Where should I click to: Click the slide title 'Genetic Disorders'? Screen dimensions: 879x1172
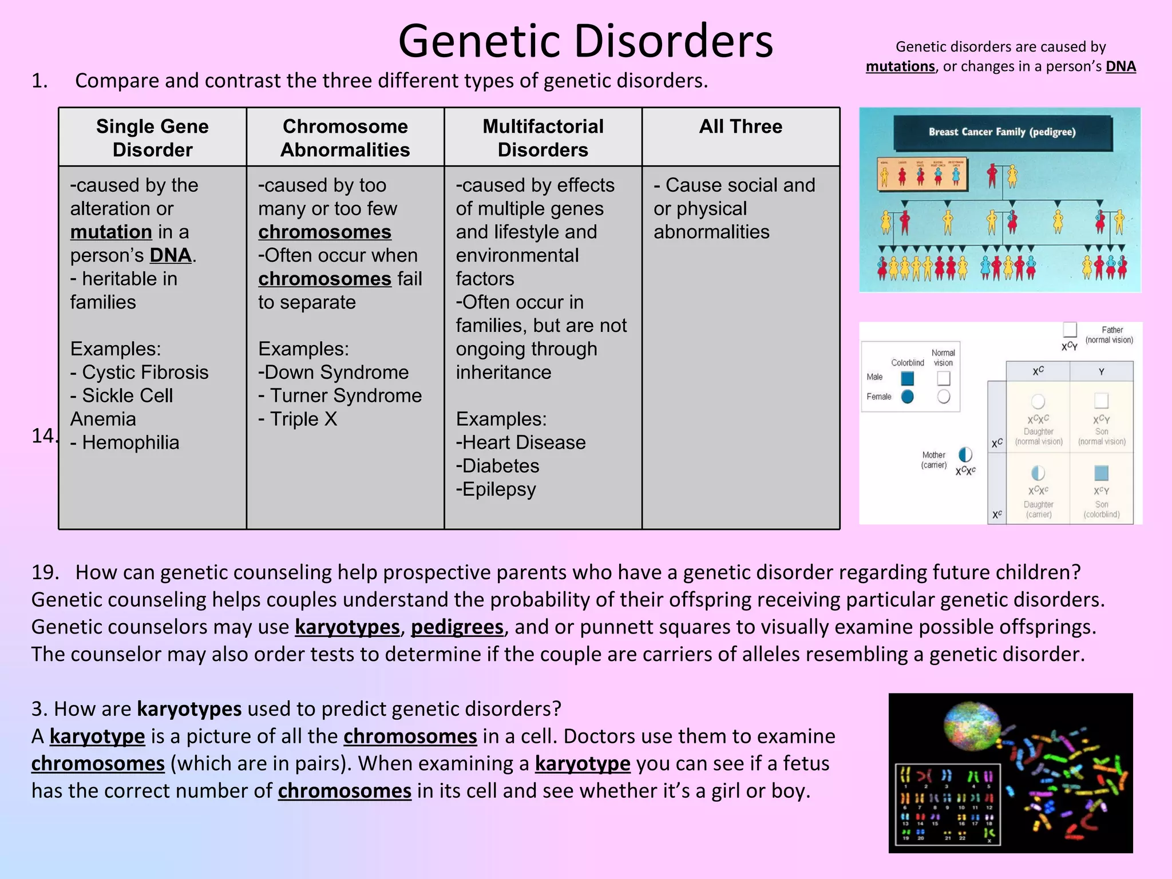coord(585,41)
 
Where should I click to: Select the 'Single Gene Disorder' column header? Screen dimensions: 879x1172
coord(152,138)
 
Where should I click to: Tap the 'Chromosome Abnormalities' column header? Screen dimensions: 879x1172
coord(345,138)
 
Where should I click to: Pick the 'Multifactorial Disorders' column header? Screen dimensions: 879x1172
coord(543,138)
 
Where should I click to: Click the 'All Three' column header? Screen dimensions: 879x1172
coord(741,126)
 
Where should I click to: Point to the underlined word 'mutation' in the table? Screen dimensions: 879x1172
coord(111,232)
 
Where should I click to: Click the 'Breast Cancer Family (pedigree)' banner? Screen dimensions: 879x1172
coord(1002,132)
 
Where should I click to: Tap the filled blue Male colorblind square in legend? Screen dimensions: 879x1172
coord(907,378)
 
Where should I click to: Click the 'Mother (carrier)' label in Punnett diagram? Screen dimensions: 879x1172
coord(934,460)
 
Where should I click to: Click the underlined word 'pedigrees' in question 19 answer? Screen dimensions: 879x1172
coord(457,627)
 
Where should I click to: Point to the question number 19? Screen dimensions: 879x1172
coord(45,572)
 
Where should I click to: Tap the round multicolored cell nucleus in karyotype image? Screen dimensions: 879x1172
coord(972,727)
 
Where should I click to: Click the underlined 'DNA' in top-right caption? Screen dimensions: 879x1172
coord(1120,67)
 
